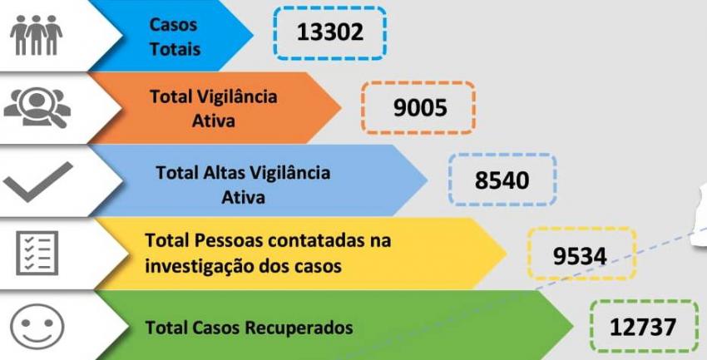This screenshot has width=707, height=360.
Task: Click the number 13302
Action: pyautogui.click(x=330, y=32)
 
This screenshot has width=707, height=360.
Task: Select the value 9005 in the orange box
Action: pyautogui.click(x=420, y=108)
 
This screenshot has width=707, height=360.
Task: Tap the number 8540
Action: pyautogui.click(x=502, y=180)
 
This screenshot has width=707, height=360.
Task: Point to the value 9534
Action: pyautogui.click(x=580, y=256)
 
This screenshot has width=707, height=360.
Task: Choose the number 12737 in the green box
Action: pyautogui.click(x=643, y=327)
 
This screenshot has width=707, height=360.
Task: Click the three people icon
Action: pyautogui.click(x=37, y=35)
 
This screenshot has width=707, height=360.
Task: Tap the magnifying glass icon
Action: pyautogui.click(x=37, y=107)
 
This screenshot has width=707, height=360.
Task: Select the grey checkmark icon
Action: pyautogui.click(x=38, y=182)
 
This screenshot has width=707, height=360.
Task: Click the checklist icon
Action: pyautogui.click(x=37, y=253)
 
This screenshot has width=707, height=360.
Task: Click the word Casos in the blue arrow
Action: pyautogui.click(x=173, y=24)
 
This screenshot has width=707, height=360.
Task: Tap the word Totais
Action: pyautogui.click(x=175, y=49)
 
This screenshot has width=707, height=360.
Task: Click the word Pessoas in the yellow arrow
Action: pyautogui.click(x=229, y=240)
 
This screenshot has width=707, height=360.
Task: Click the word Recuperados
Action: pyautogui.click(x=299, y=328)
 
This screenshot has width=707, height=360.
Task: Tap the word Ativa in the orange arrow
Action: pyautogui.click(x=213, y=121)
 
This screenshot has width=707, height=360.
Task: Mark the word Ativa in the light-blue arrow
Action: pyautogui.click(x=243, y=197)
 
